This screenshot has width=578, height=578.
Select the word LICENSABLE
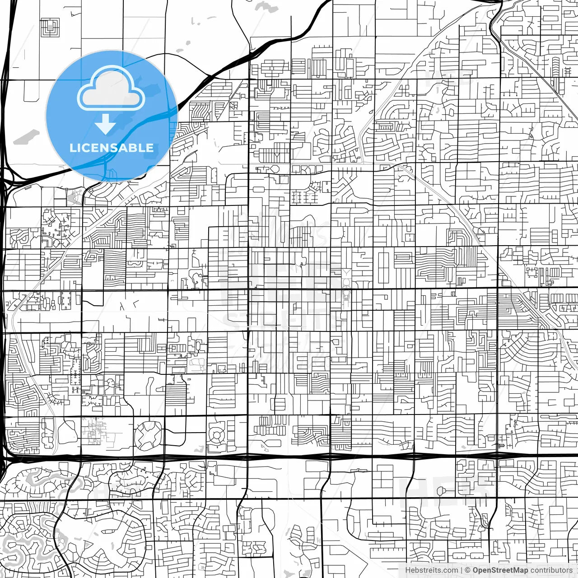111,148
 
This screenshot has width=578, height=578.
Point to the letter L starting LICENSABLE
72,148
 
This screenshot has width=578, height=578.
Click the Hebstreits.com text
431,570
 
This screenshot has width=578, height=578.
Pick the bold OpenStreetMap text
500,570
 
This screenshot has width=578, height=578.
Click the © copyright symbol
468,570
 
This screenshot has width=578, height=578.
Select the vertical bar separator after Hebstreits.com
461,570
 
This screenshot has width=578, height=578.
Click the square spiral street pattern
50,27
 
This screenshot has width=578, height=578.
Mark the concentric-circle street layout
217,436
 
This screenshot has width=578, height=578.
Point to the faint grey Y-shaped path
346,273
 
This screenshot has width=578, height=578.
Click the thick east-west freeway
316,457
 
